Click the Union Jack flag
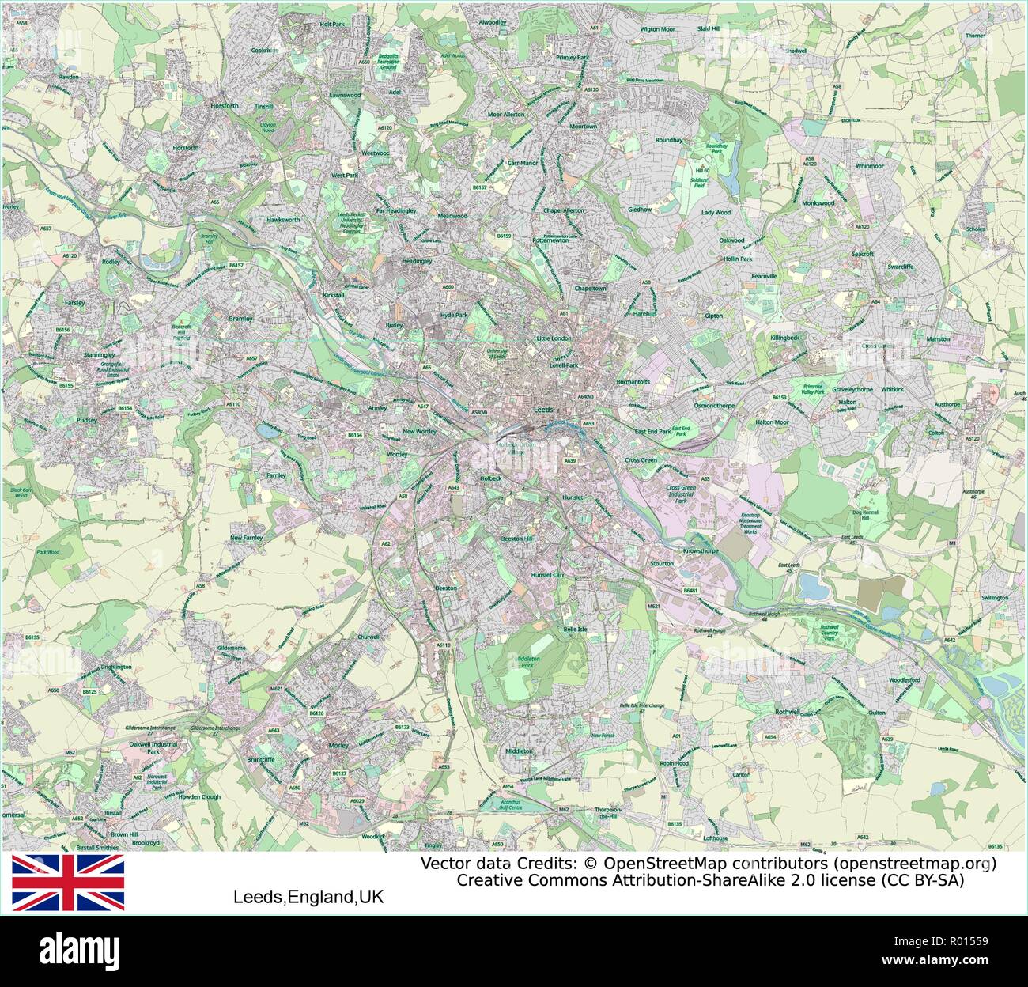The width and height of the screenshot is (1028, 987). point(67,882)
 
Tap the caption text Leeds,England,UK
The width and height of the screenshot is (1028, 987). point(308,898)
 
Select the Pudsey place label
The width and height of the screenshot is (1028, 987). point(86,420)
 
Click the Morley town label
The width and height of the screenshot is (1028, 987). point(338,745)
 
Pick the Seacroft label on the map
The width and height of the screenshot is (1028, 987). point(862,254)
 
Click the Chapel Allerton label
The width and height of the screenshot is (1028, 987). point(563,210)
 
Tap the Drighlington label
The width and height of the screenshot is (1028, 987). point(116,667)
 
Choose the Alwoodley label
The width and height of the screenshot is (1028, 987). point(492,22)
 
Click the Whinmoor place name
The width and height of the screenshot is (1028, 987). point(869,166)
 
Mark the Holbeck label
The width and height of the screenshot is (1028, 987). point(490,478)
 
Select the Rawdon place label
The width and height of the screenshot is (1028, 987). point(69,77)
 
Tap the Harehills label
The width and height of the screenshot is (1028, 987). point(645,313)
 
